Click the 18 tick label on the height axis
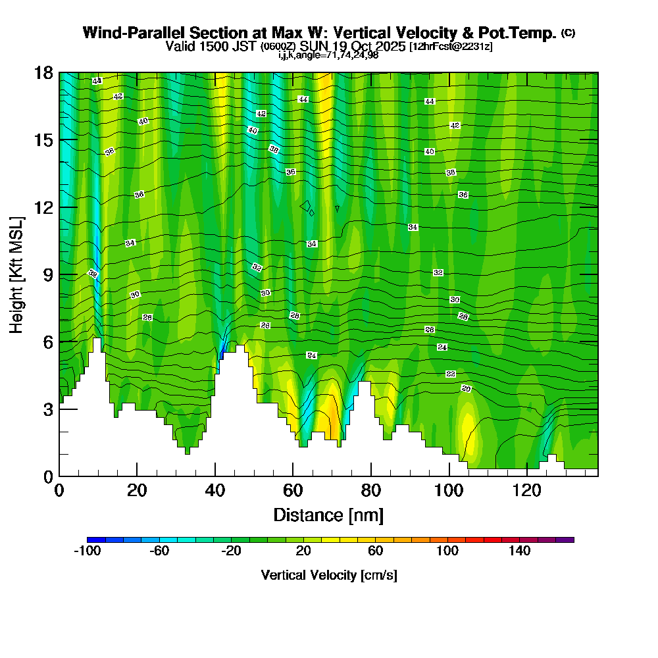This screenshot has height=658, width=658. click(x=43, y=72)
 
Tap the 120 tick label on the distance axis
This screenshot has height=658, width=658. click(x=527, y=490)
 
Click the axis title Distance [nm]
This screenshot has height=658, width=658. click(x=328, y=515)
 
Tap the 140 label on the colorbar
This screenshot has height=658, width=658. click(x=520, y=551)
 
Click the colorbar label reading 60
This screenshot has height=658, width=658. click(x=376, y=551)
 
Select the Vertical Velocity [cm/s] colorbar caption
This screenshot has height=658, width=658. click(x=328, y=575)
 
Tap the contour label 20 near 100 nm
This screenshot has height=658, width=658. click(x=466, y=389)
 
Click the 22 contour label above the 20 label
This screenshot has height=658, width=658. click(x=451, y=374)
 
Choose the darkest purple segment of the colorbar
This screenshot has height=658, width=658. click(x=565, y=540)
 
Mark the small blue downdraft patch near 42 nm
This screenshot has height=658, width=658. click(x=222, y=354)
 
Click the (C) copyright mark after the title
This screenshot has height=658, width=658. click(x=568, y=33)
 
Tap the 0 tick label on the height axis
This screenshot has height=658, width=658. click(x=48, y=476)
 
